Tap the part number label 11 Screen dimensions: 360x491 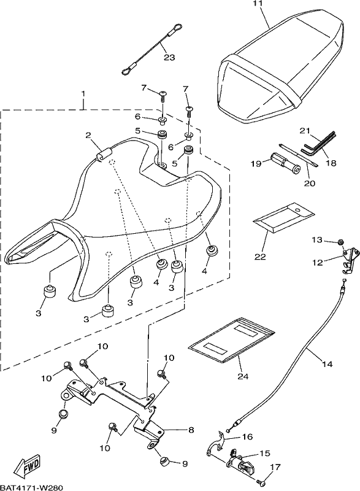pos(259,4)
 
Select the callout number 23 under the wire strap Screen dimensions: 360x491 pos(169,58)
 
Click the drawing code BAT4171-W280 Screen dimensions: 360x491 pos(32,487)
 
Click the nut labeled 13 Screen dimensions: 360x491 pos(341,242)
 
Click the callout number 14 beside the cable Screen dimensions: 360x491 pos(327,364)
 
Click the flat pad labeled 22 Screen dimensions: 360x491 pos(284,217)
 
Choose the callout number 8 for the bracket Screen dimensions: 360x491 pos(191,430)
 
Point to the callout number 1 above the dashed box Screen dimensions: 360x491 pos(83,94)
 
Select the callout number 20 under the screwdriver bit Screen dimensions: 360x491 pos(309,183)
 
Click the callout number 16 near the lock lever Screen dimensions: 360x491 pos(247,436)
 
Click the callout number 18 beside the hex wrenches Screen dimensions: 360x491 pos(331,163)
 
